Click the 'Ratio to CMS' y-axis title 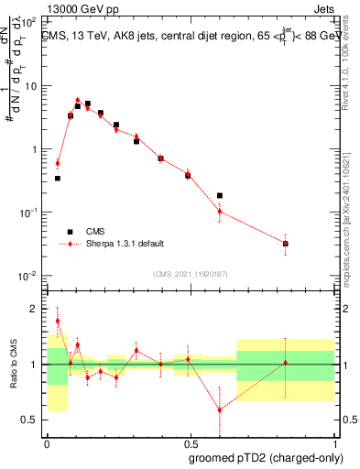[x=12, y=365]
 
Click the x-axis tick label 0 [x=47, y=442]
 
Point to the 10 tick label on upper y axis [x=31, y=86]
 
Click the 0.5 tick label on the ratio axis [x=31, y=420]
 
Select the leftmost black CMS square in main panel [x=58, y=179]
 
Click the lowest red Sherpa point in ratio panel [x=220, y=409]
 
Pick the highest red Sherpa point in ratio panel [x=58, y=321]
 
